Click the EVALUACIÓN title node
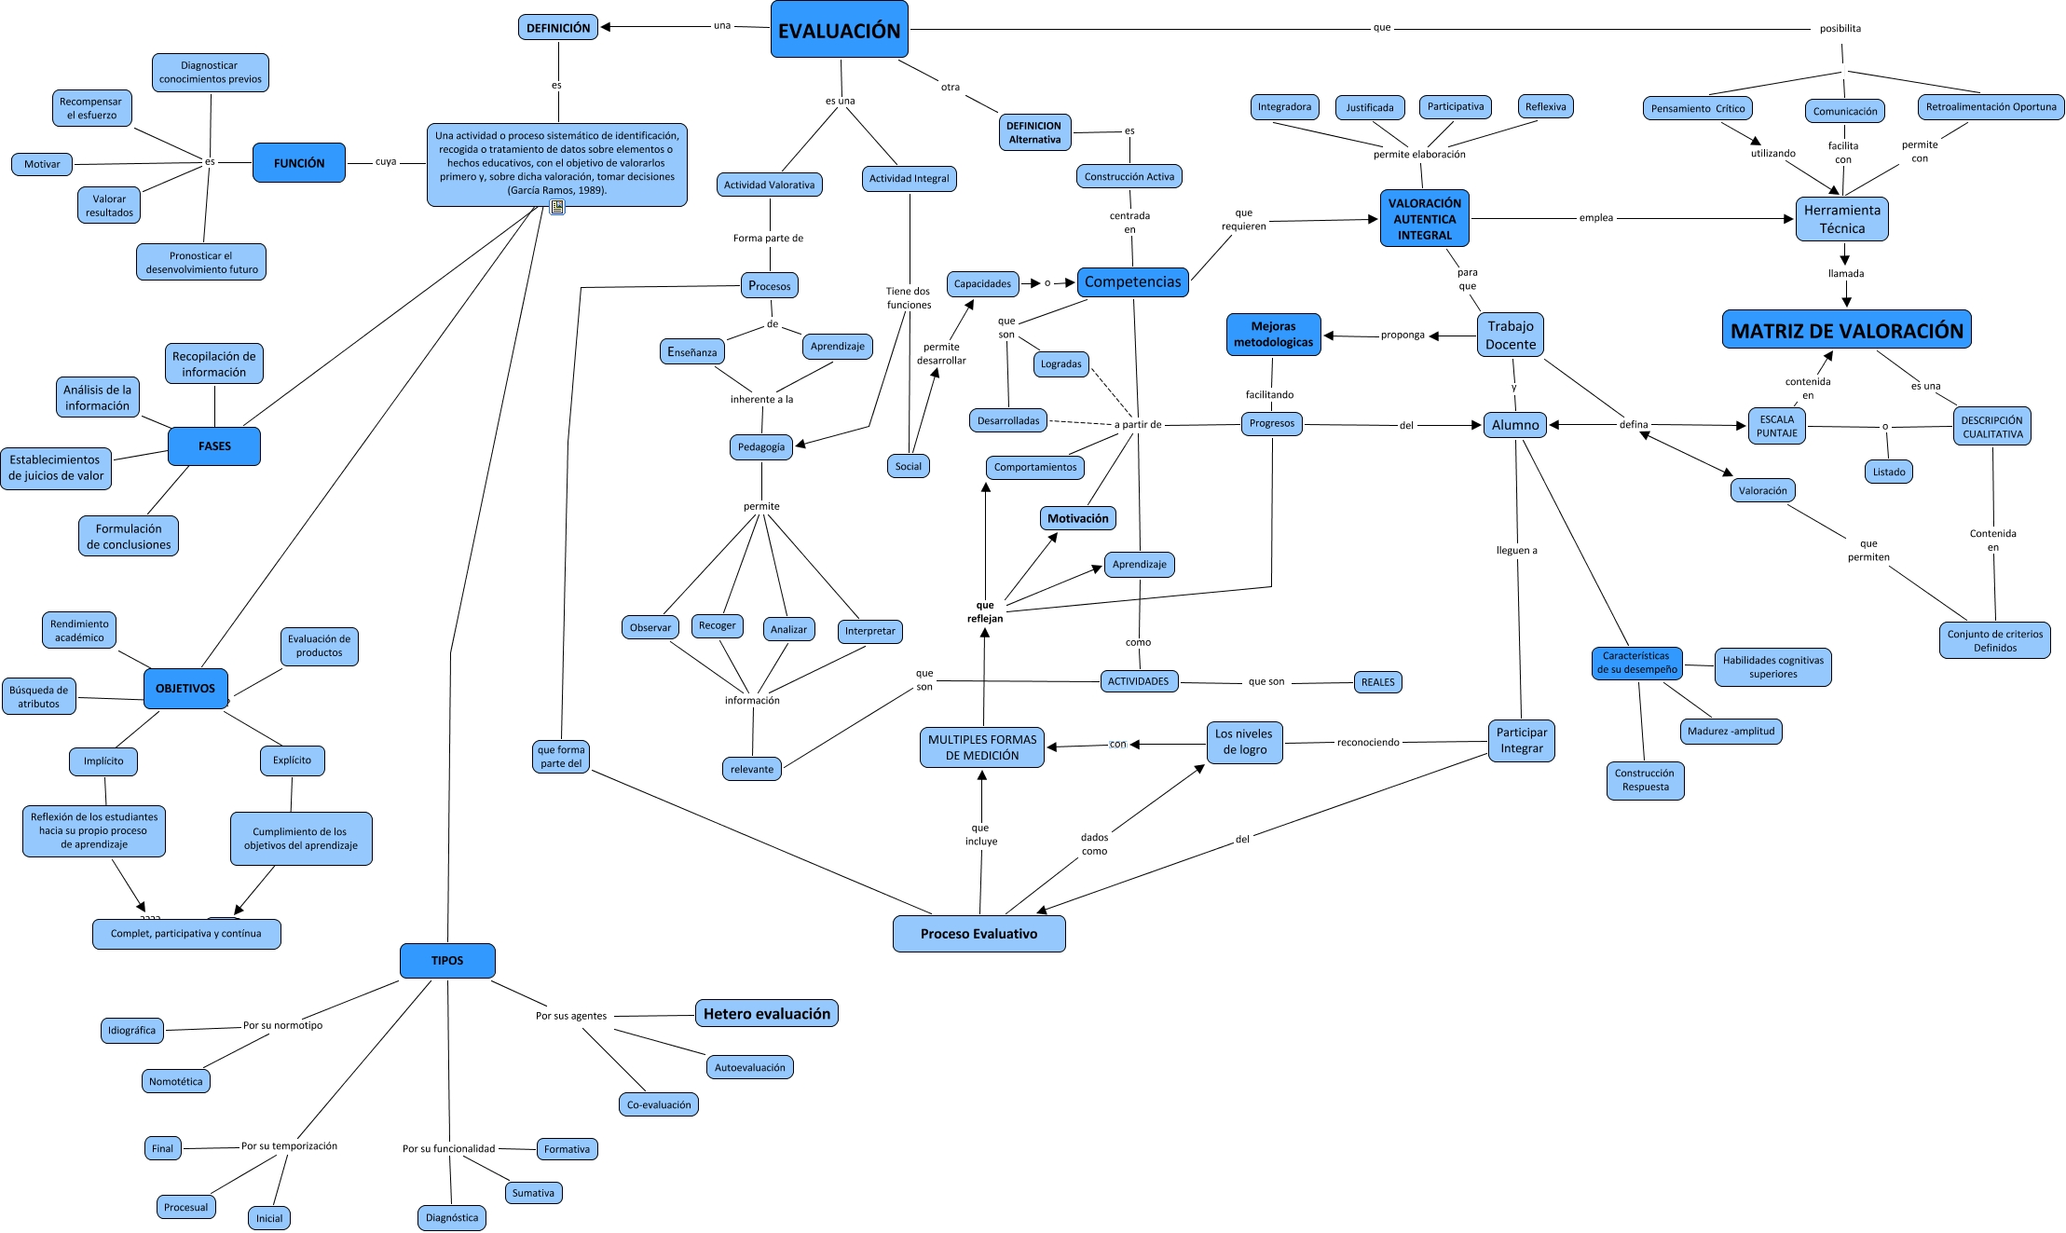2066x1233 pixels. click(839, 30)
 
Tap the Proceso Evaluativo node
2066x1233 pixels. click(978, 934)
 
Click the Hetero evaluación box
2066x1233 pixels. click(766, 1014)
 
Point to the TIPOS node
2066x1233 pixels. click(447, 961)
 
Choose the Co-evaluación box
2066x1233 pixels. click(659, 1104)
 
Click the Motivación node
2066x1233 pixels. click(1077, 518)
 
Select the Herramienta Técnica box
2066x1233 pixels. click(1841, 219)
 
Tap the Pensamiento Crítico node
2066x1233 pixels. click(1697, 108)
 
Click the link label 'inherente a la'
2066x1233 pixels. click(761, 399)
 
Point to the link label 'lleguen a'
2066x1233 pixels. click(1516, 550)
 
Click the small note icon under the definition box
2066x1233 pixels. click(557, 207)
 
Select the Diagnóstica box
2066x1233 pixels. click(452, 1217)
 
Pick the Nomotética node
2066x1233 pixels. click(175, 1081)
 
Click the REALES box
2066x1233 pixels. click(1377, 682)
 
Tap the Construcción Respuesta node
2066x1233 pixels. click(1645, 780)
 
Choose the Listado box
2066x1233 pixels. click(1888, 472)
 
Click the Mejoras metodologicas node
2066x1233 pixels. click(1273, 335)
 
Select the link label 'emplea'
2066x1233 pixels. click(1595, 218)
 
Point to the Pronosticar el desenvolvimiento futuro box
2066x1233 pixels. click(201, 262)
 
